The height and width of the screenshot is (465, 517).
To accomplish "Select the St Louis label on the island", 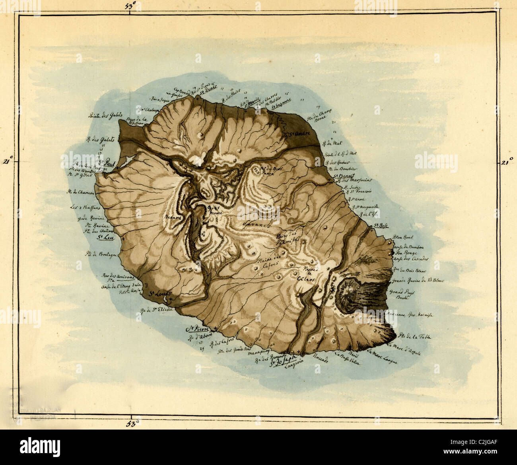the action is pyautogui.click(x=159, y=294).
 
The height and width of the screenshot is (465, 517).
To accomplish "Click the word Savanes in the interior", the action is pyautogui.click(x=255, y=224).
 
